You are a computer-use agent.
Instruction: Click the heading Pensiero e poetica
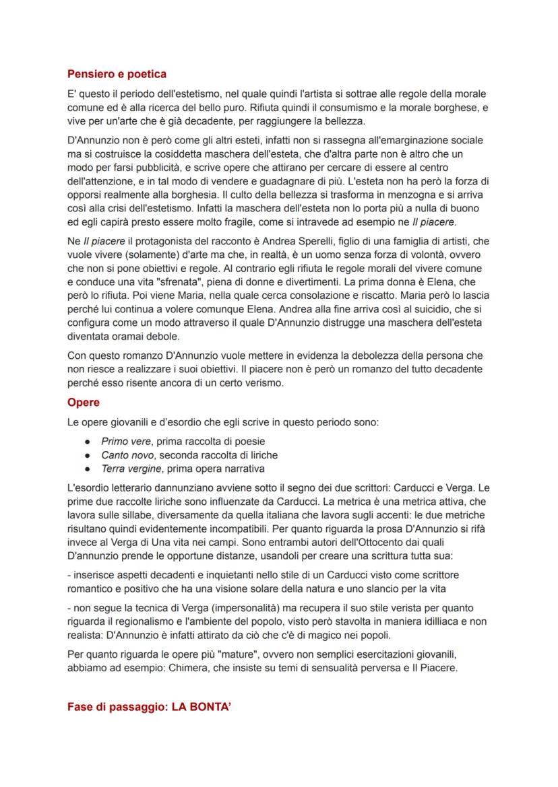117,74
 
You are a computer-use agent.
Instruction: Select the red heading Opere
83,403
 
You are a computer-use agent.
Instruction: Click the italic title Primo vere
125,442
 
